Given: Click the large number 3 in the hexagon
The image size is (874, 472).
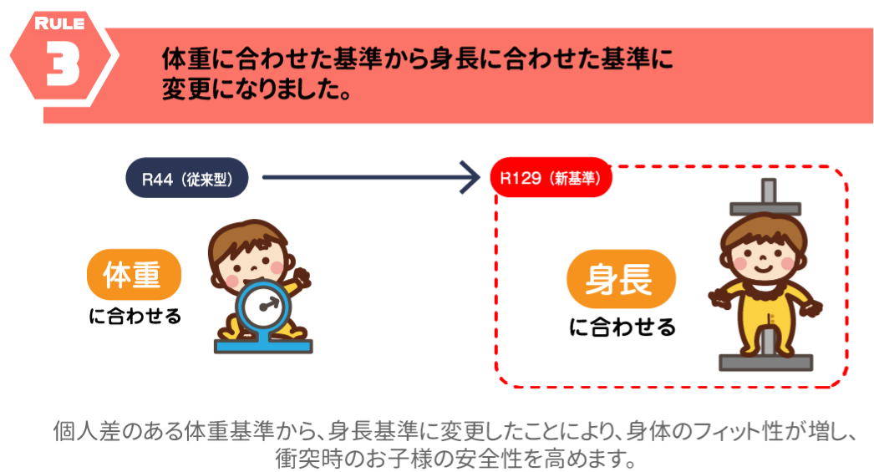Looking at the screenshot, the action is click(x=63, y=63).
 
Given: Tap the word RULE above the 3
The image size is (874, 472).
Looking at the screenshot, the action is click(x=59, y=24).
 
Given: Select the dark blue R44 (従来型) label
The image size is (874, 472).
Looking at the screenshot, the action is click(x=186, y=178).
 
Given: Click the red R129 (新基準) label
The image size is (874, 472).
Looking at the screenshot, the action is click(x=551, y=178).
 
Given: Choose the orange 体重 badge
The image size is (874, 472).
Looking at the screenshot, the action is click(x=134, y=275).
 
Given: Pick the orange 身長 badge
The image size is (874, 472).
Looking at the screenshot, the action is click(x=621, y=279).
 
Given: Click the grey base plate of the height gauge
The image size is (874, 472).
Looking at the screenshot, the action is click(x=766, y=363).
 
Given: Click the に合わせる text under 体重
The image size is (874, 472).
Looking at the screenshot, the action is click(x=135, y=317).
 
